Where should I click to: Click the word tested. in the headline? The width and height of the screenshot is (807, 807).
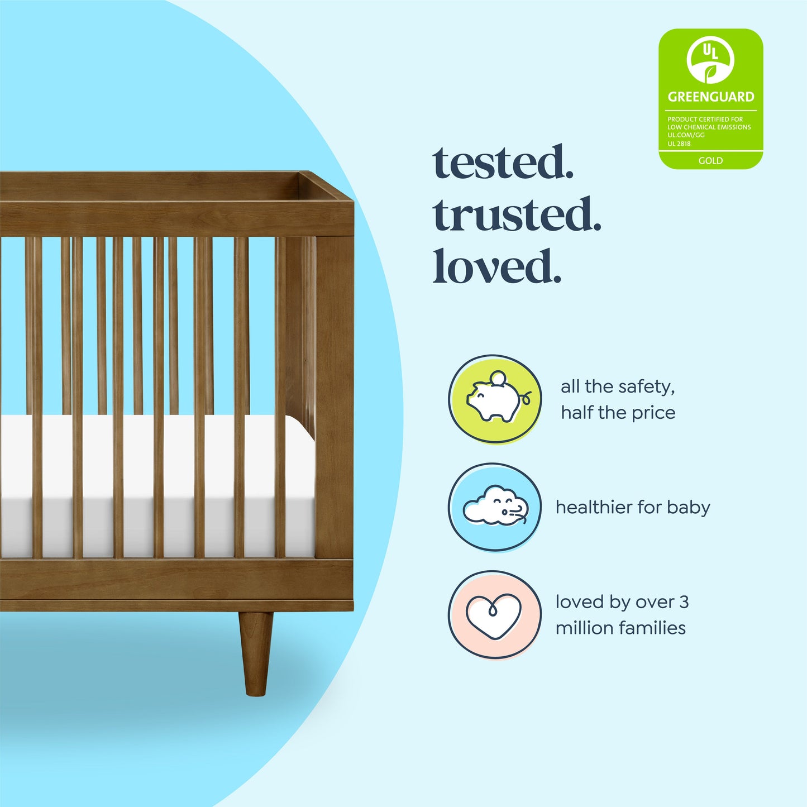(503, 163)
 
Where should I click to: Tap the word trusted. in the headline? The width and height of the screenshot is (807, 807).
(517, 215)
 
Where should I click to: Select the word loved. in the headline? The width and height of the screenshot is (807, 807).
(496, 267)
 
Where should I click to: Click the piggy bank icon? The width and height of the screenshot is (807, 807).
(495, 399)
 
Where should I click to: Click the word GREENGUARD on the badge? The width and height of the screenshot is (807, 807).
(710, 97)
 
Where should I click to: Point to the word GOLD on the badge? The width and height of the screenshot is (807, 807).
(710, 161)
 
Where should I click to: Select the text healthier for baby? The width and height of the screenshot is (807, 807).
(633, 507)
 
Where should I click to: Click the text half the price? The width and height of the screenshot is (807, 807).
(618, 413)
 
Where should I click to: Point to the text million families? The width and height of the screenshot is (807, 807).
(620, 628)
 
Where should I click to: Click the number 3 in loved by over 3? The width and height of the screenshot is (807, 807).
(684, 602)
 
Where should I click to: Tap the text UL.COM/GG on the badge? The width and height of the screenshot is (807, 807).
(686, 135)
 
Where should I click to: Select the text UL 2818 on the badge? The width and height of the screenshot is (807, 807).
(679, 144)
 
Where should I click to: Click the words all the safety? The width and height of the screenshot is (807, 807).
(618, 386)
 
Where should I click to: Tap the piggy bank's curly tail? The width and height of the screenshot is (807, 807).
(526, 398)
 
